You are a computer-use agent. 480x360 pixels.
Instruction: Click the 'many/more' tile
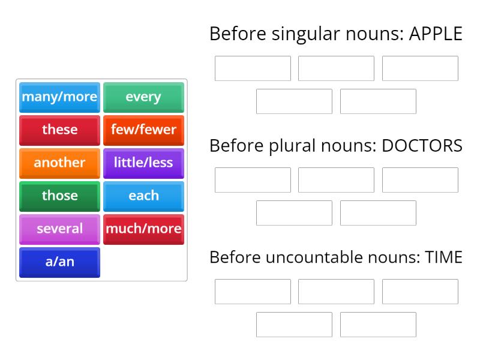pyautogui.click(x=59, y=97)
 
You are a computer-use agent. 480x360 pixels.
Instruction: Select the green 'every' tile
pyautogui.click(x=143, y=97)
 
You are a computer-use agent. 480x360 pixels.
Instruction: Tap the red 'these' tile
pyautogui.click(x=59, y=130)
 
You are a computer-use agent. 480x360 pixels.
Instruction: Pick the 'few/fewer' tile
pyautogui.click(x=143, y=130)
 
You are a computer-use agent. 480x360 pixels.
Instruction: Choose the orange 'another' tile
pyautogui.click(x=59, y=163)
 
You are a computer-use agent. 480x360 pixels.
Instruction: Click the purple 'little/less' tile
pyautogui.click(x=143, y=163)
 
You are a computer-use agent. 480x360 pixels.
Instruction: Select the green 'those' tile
pyautogui.click(x=59, y=196)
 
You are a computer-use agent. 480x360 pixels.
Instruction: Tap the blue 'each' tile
pyautogui.click(x=143, y=196)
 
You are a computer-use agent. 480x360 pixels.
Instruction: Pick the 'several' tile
pyautogui.click(x=59, y=229)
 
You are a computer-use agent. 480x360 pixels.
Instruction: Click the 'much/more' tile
pyautogui.click(x=143, y=229)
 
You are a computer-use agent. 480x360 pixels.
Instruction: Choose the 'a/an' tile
pyautogui.click(x=59, y=262)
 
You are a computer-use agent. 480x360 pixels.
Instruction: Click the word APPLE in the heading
pyautogui.click(x=436, y=34)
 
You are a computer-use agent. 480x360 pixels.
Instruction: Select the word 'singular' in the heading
pyautogui.click(x=307, y=34)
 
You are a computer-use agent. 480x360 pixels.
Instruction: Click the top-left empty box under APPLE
pyautogui.click(x=253, y=68)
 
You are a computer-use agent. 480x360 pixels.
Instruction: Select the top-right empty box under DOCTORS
pyautogui.click(x=420, y=180)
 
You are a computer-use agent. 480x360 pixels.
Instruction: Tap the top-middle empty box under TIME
pyautogui.click(x=336, y=292)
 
